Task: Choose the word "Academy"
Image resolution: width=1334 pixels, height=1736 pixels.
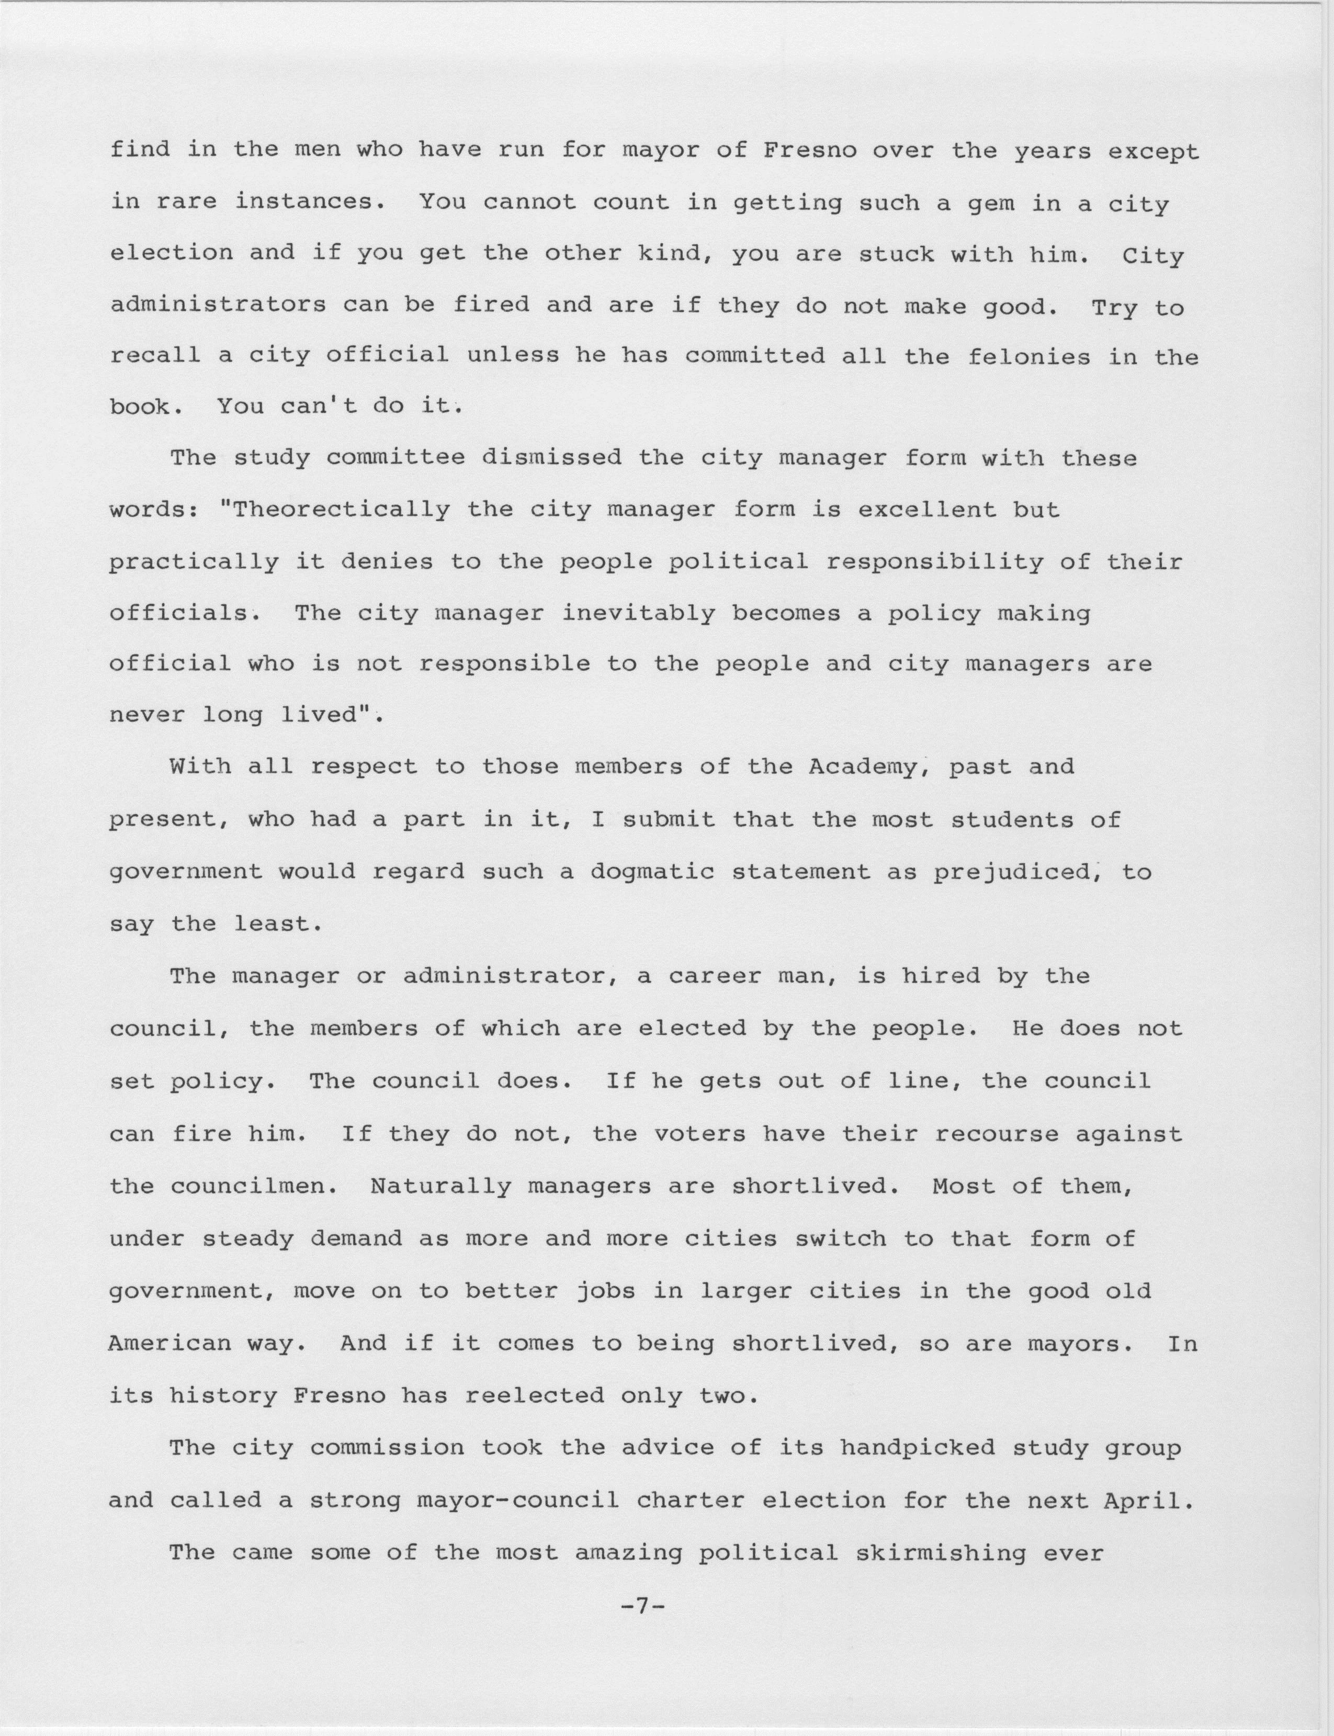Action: tap(869, 767)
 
